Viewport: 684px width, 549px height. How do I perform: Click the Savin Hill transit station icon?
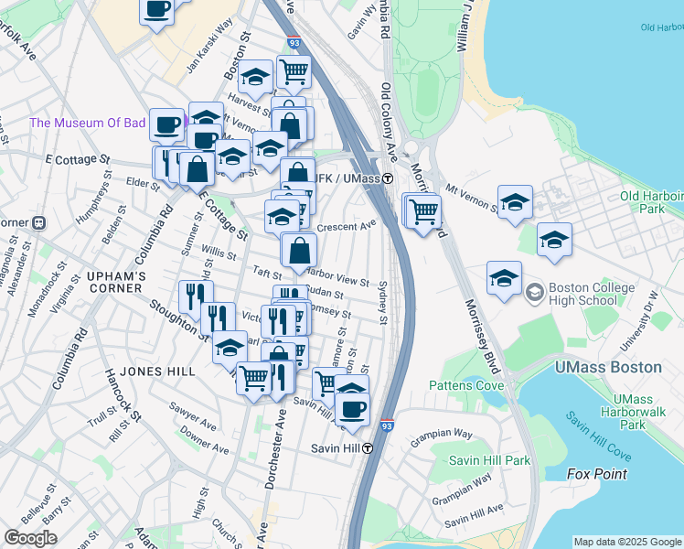pyautogui.click(x=368, y=448)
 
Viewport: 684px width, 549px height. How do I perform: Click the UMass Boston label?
pyautogui.click(x=608, y=367)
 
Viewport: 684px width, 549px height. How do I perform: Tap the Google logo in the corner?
pyautogui.click(x=30, y=538)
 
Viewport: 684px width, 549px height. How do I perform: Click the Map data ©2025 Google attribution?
pyautogui.click(x=627, y=542)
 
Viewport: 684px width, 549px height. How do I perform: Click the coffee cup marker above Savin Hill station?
pyautogui.click(x=352, y=408)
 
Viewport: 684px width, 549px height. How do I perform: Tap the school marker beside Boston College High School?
pyautogui.click(x=504, y=277)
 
